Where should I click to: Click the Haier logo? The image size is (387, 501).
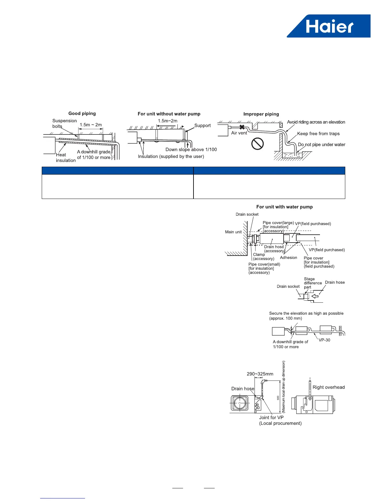329,26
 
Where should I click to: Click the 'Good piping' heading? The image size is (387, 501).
82,114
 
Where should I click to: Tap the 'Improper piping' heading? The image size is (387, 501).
261,114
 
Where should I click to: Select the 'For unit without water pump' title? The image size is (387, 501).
169,114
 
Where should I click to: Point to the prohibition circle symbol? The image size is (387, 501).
257,144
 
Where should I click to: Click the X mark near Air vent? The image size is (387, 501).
242,127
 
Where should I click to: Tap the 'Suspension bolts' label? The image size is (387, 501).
64,123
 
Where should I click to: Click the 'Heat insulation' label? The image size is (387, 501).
65,158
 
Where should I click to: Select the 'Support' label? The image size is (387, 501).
202,126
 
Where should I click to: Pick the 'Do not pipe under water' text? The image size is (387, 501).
321,145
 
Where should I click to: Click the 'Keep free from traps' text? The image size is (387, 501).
318,134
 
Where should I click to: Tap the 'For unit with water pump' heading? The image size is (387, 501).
284,207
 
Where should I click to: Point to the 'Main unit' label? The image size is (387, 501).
233,232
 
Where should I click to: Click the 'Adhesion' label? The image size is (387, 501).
288,258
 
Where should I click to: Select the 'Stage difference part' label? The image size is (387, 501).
312,283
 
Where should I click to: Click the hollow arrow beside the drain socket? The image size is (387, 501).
315,296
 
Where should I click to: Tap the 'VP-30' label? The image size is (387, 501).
324,340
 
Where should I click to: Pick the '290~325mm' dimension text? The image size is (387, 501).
260,374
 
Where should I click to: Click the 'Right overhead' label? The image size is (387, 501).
329,387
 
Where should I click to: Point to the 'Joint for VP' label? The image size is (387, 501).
271,417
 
